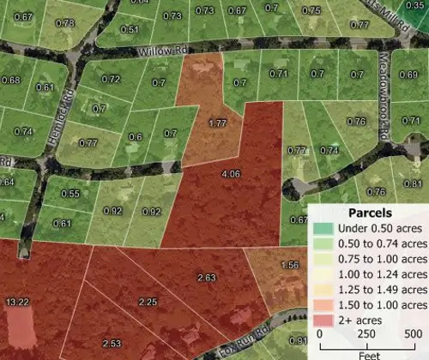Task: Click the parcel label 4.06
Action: [x=230, y=175]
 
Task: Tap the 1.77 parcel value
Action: [x=217, y=124]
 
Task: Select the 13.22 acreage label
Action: [x=17, y=303]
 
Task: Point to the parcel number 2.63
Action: [x=206, y=278]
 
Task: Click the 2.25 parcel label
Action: [x=148, y=303]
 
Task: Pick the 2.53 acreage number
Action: [x=111, y=344]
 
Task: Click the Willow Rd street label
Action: [x=165, y=52]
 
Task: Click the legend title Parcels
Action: [x=371, y=213]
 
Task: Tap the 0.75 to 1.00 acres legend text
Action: [x=383, y=258]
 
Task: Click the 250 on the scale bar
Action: [x=366, y=334]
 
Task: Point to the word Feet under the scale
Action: [x=365, y=353]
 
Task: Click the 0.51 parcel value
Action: [x=130, y=30]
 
